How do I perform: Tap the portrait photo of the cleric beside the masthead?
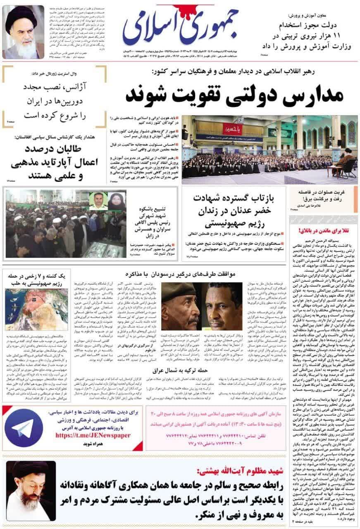tap(23, 32)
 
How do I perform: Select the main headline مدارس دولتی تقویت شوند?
tap(234, 95)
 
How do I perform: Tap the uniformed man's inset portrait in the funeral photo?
tap(98, 200)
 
